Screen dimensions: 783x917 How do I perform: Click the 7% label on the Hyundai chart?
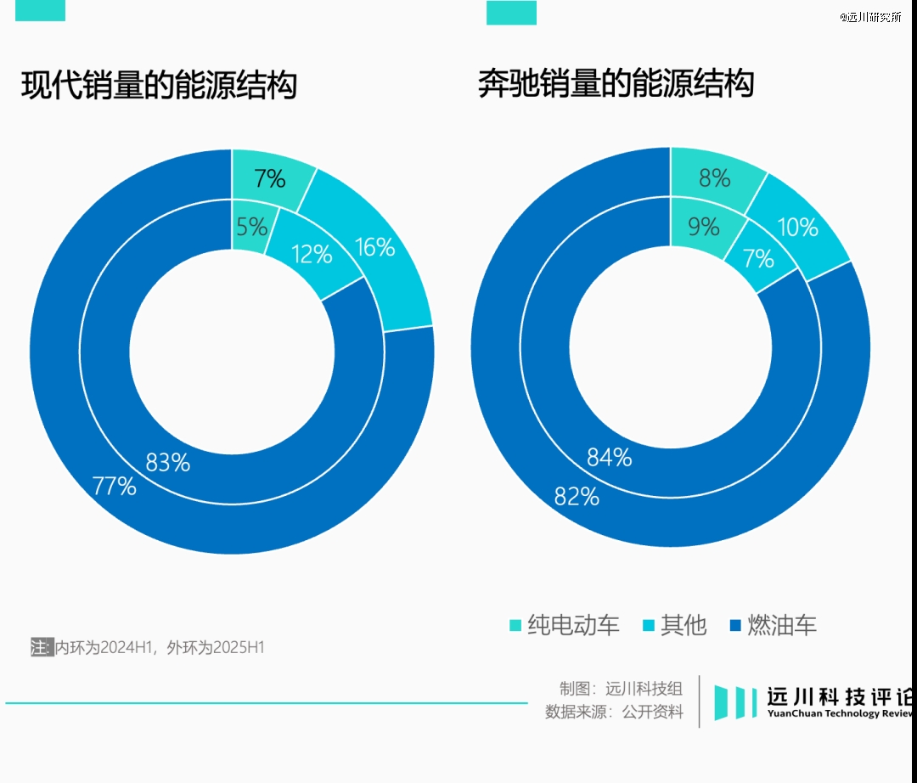click(x=269, y=179)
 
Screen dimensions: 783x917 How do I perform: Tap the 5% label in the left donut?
click(x=252, y=227)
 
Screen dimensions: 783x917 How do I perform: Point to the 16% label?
click(x=374, y=247)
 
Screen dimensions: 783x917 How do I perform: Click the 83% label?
click(x=167, y=463)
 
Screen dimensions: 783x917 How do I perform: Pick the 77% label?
click(x=114, y=487)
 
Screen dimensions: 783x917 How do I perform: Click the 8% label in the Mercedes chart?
click(x=714, y=178)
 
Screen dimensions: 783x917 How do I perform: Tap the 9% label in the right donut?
click(x=703, y=227)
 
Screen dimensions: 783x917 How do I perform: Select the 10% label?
click(x=797, y=228)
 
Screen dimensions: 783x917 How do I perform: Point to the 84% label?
click(x=610, y=457)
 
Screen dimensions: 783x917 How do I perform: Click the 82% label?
click(x=577, y=497)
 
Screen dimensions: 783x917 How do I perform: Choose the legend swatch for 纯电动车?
click(x=515, y=626)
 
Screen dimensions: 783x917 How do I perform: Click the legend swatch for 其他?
click(x=649, y=626)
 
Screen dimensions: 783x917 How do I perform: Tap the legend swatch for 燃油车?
click(x=735, y=626)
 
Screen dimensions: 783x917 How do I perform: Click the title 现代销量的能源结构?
click(x=159, y=87)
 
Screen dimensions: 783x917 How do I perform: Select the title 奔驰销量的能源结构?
click(x=616, y=85)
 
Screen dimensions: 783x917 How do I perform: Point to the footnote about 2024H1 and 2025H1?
click(x=149, y=648)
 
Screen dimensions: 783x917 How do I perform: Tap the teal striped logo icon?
click(x=734, y=701)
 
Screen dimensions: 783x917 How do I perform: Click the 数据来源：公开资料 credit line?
click(x=614, y=713)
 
